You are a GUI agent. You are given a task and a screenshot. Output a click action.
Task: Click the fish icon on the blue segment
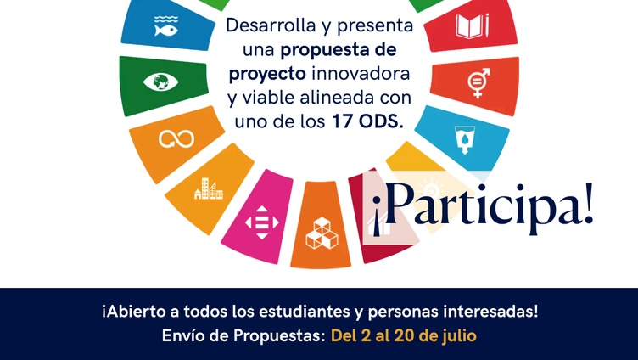pos(166,26)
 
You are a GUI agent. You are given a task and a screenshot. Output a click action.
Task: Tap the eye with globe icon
pos(160,82)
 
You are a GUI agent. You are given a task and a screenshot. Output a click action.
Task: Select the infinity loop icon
pos(176,139)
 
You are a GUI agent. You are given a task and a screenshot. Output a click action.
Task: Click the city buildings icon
pos(209,188)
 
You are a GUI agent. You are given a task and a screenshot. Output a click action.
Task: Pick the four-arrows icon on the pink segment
pos(262,222)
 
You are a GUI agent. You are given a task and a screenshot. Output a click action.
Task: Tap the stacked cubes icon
pos(322,233)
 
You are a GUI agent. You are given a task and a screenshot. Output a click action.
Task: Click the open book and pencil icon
pos(472,26)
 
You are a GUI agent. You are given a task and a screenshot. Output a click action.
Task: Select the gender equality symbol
pos(478,82)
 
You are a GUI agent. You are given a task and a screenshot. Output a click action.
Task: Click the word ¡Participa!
pos(483,209)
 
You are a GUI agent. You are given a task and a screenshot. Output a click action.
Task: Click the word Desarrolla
pos(271,25)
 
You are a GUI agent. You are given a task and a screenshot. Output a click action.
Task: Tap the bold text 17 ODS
pos(368,121)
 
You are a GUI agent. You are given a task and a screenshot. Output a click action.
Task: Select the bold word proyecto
pos(267,75)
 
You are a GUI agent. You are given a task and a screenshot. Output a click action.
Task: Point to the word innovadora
pos(361,74)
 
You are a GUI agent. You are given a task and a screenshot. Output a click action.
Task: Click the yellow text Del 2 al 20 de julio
pos(403,336)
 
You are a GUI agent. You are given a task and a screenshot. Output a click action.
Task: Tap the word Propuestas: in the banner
pos(279,336)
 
